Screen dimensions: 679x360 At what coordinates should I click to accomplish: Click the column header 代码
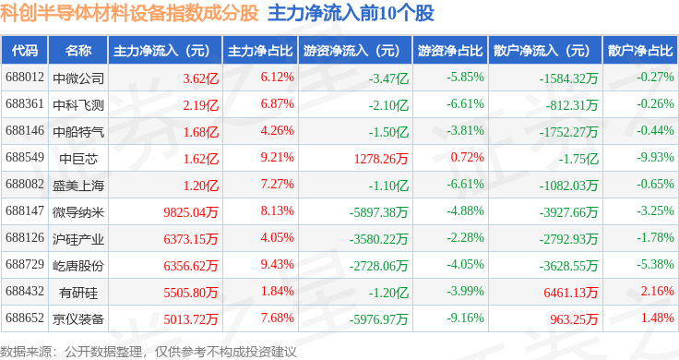tap(25, 51)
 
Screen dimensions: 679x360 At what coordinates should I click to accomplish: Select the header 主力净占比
tap(260, 51)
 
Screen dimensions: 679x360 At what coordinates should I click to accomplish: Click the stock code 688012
tap(25, 78)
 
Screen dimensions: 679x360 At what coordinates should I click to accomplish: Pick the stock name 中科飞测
tap(78, 105)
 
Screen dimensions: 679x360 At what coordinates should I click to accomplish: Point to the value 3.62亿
tap(200, 78)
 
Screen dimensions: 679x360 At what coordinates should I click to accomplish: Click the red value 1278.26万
tap(381, 159)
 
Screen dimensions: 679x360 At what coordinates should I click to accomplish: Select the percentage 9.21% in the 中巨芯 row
tap(277, 157)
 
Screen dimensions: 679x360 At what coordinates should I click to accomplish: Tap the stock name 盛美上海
tap(78, 186)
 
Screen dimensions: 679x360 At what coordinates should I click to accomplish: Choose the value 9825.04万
tap(191, 212)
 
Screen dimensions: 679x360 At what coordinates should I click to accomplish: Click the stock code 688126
tap(25, 237)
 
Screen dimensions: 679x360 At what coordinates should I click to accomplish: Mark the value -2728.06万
tap(379, 266)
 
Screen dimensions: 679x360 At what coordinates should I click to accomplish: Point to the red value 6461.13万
tap(571, 293)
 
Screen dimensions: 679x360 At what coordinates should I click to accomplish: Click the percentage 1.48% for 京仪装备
tap(658, 318)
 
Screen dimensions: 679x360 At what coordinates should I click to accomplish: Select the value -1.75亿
tap(578, 159)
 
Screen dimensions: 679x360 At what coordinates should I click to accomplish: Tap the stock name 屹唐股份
tap(78, 266)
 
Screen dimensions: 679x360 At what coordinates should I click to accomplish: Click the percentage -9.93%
tap(655, 157)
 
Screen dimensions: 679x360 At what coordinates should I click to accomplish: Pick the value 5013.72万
tap(191, 319)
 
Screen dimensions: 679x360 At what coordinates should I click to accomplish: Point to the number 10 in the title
tap(387, 14)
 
